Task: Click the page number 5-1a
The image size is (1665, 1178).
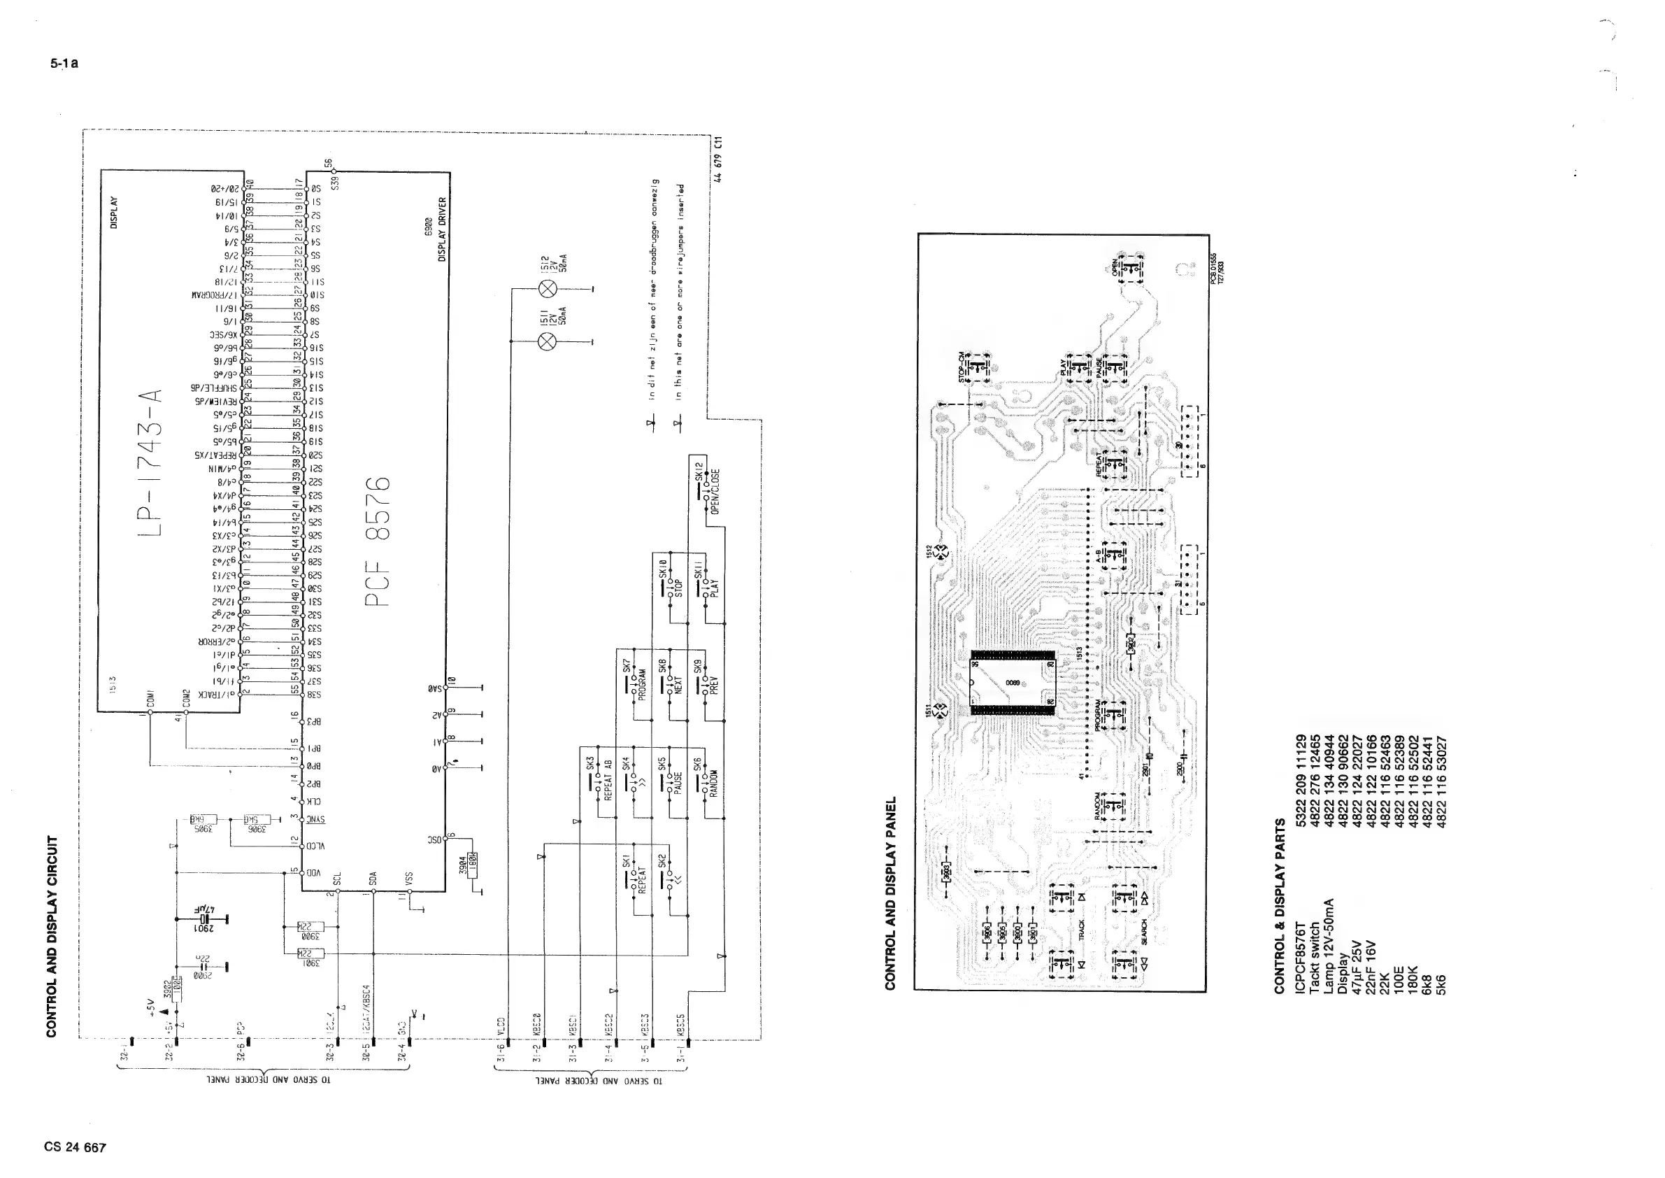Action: click(64, 63)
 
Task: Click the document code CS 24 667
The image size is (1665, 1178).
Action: click(75, 1147)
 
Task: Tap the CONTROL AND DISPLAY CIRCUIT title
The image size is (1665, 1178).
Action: click(52, 937)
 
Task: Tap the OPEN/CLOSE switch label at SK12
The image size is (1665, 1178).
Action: click(715, 491)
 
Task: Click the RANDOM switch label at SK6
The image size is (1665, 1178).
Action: click(714, 783)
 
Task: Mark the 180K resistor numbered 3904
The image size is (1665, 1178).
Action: click(473, 865)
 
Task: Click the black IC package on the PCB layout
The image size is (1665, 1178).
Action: click(1013, 683)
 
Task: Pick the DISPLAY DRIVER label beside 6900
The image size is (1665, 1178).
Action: click(443, 229)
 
